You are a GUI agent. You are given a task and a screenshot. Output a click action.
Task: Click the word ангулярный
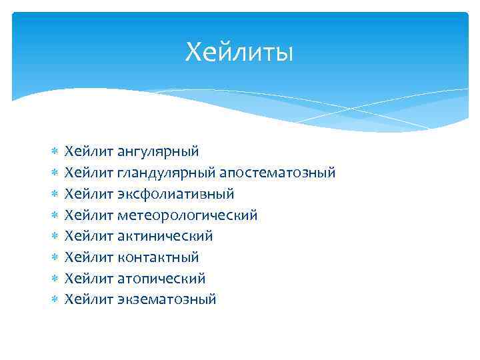point(158,152)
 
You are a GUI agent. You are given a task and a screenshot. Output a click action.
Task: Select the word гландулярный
point(166,173)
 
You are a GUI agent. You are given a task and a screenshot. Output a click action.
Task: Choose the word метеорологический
point(187,215)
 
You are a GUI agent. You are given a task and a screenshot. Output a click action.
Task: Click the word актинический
point(165,236)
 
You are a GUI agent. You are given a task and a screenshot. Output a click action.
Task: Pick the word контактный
point(158,257)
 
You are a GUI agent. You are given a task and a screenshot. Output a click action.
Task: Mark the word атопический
point(161,278)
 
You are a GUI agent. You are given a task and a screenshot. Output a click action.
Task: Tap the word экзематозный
point(167,299)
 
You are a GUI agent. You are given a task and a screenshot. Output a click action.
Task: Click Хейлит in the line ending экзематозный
point(89,299)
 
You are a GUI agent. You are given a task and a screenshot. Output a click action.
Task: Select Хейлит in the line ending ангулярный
point(89,152)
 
